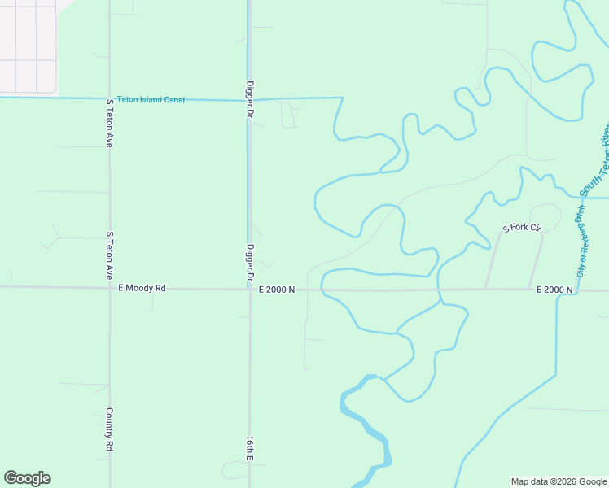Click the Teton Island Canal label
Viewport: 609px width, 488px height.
(x=151, y=99)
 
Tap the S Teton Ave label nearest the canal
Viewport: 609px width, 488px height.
(x=109, y=123)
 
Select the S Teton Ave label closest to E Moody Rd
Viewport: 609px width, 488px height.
(x=109, y=255)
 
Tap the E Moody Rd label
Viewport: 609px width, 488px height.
(x=142, y=288)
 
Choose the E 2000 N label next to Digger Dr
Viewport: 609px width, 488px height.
(x=277, y=290)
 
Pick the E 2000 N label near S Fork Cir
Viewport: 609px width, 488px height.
(x=554, y=290)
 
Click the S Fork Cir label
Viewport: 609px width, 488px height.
(x=522, y=229)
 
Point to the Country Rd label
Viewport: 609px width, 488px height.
(x=109, y=429)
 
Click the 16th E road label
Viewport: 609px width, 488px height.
(x=250, y=446)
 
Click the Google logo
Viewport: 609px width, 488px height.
(x=27, y=478)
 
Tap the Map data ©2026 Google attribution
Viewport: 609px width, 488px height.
(x=558, y=481)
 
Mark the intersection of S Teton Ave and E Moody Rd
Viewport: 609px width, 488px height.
(x=109, y=287)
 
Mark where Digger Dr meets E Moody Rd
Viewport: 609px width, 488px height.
(x=250, y=289)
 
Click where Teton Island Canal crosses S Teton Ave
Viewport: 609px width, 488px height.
(x=109, y=98)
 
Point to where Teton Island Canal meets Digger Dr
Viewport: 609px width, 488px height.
(x=248, y=99)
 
